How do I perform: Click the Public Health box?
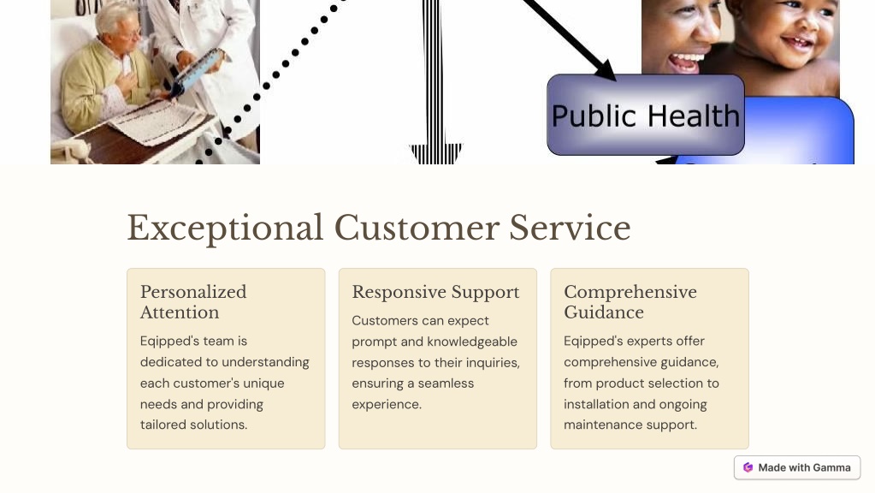646,115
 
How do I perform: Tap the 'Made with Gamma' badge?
797,467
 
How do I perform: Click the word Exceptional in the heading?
225,229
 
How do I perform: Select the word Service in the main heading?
570,228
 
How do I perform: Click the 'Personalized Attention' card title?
193,302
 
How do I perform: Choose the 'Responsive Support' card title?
435,292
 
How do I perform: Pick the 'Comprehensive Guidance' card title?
630,302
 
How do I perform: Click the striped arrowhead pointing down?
436,153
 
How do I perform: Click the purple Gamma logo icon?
748,468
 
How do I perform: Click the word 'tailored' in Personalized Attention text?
162,425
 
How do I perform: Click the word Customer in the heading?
416,228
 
